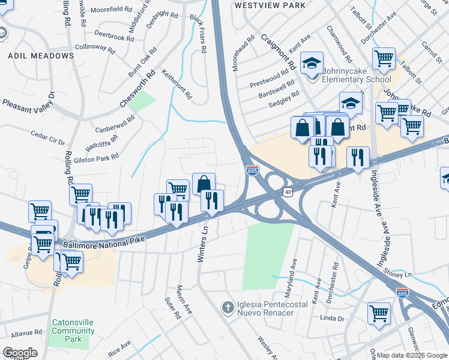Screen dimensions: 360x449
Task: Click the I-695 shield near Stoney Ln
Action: [x=403, y=293]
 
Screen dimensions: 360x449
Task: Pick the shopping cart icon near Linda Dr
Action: [x=379, y=312]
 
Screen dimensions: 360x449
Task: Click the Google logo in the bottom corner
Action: [x=20, y=353]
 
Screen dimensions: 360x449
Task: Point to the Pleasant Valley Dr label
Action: [x=28, y=101]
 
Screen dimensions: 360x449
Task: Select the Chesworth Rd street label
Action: [x=137, y=88]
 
